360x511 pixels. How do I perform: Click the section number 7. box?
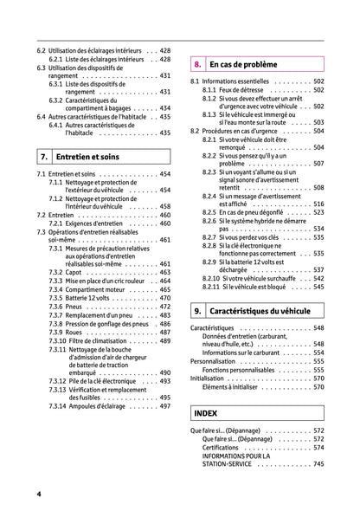click(43, 158)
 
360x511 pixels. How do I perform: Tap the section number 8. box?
click(197, 64)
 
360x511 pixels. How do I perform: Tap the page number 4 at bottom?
click(39, 494)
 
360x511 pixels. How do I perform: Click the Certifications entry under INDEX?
click(226, 448)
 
